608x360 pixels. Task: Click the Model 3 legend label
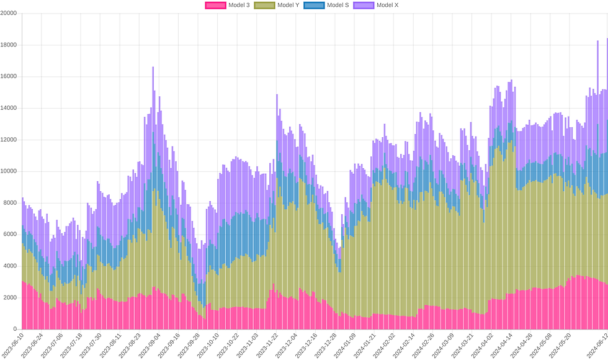(239, 5)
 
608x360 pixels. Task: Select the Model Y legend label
(288, 5)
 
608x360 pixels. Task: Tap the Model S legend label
(338, 5)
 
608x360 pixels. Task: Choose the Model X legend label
(388, 5)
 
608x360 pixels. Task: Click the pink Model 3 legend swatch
(215, 5)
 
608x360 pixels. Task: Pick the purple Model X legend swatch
(364, 5)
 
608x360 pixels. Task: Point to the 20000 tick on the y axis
(9, 14)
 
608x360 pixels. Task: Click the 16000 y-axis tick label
(9, 77)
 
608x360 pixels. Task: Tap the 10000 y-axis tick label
(9, 172)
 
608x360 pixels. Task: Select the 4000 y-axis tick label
(11, 266)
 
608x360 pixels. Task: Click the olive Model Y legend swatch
(264, 5)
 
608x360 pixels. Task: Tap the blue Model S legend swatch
(314, 5)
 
